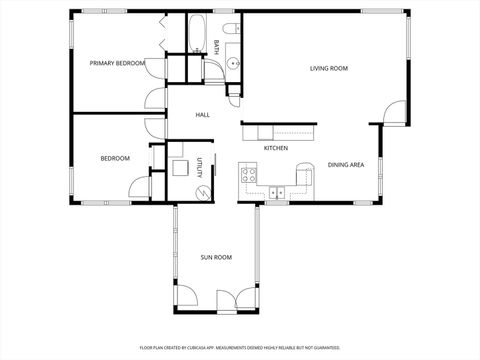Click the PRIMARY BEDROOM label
[x=118, y=63]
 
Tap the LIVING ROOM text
[x=328, y=68]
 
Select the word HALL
[x=202, y=116]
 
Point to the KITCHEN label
[x=276, y=148]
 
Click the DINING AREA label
[x=345, y=165]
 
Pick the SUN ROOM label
[x=216, y=257]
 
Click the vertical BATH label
[x=216, y=46]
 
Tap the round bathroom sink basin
[x=233, y=64]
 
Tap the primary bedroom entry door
[x=155, y=98]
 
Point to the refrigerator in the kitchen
[x=304, y=178]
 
